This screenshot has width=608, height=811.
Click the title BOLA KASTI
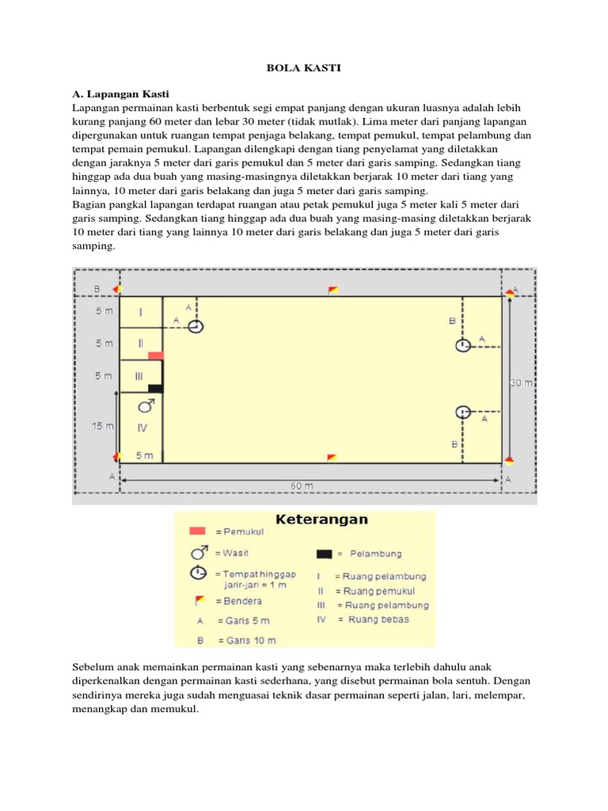(303, 69)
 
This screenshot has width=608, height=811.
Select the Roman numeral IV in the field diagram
(142, 428)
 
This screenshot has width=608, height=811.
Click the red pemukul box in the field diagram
(155, 356)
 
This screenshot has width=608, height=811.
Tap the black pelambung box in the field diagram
(155, 388)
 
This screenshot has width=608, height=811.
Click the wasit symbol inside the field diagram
(146, 406)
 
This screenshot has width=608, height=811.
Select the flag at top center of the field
(333, 289)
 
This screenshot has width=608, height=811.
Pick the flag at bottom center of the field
(332, 458)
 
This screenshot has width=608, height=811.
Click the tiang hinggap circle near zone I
(196, 326)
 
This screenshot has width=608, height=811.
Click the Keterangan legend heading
(321, 520)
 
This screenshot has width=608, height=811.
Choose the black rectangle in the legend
(323, 554)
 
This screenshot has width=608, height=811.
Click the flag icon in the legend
(198, 601)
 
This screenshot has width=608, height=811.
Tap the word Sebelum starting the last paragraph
(94, 667)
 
